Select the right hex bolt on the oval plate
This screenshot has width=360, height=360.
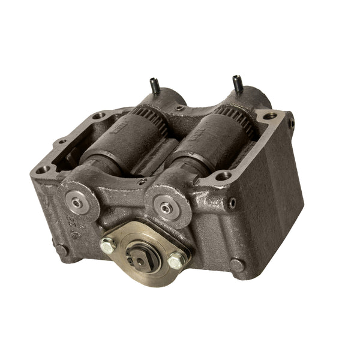tap(175, 260)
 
